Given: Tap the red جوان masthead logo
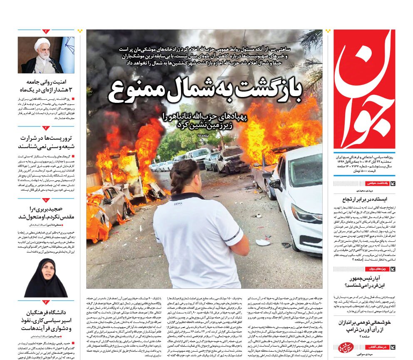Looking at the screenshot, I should coord(364,89).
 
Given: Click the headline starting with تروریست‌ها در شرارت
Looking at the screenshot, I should coord(46,142).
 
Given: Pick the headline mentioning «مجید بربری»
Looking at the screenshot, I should coord(46,213).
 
